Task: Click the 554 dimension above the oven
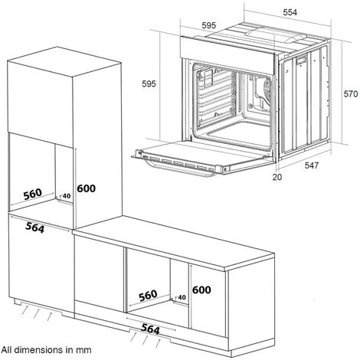coord(290,12)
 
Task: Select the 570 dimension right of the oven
coord(351,94)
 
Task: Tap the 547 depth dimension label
coord(312,165)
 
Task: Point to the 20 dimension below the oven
coord(277,177)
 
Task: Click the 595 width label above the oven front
coord(209,25)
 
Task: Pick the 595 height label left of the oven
coord(149,83)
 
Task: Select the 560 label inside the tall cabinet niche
coord(32,194)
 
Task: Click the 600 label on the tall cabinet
coord(87,188)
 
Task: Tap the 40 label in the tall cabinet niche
coord(67,196)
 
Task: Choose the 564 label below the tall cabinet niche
coord(34,227)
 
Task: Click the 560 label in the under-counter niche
coord(148,296)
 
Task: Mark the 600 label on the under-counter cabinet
coord(201,290)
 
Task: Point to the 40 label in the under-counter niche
coord(182,297)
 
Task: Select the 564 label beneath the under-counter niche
coord(150,329)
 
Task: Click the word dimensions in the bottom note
coord(38,349)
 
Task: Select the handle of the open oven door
coord(180,168)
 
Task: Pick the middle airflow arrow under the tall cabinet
coord(37,314)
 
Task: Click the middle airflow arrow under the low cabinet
coord(146,339)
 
